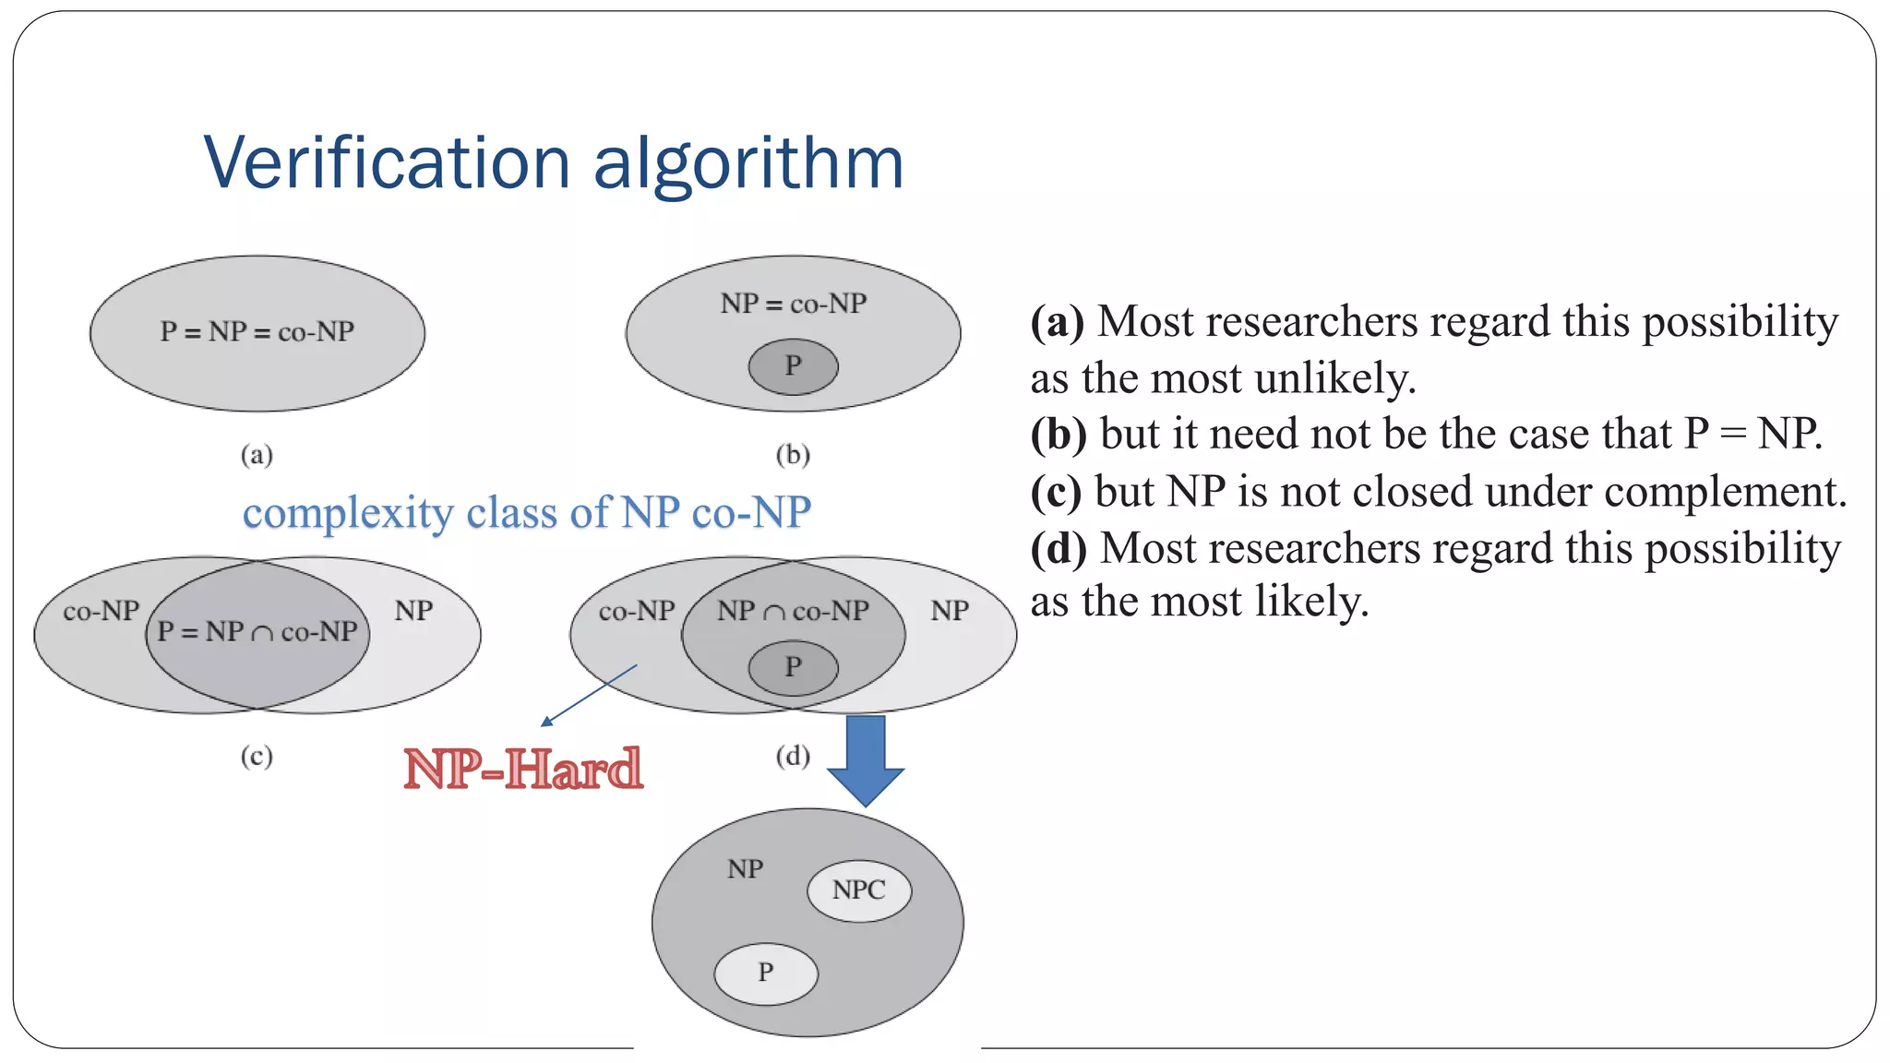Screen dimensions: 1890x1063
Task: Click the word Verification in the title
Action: pos(387,163)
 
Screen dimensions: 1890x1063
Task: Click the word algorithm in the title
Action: pos(748,163)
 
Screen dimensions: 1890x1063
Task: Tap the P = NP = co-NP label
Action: pos(257,332)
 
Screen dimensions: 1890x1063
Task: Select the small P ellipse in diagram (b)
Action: pos(793,366)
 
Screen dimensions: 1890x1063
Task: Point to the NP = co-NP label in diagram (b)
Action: pos(794,304)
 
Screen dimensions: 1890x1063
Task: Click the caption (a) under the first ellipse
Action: pos(257,455)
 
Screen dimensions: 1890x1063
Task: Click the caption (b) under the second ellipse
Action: pos(793,455)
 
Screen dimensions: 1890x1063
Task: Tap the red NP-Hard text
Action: pos(523,769)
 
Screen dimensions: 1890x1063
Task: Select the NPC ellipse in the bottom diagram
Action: pos(859,890)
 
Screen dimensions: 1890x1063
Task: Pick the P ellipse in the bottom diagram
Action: pos(766,973)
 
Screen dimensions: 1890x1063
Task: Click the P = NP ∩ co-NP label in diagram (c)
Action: pos(257,632)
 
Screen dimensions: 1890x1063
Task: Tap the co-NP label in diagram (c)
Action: pos(101,611)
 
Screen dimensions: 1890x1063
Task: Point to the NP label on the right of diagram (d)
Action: pos(950,611)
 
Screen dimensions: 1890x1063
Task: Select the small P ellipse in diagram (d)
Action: pos(793,667)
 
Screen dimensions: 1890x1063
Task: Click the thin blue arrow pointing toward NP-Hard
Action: pos(589,695)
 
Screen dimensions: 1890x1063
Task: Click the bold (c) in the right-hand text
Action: pos(1056,492)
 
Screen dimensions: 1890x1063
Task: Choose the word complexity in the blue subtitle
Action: pos(348,513)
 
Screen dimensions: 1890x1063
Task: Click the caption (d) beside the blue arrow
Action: pos(793,757)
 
